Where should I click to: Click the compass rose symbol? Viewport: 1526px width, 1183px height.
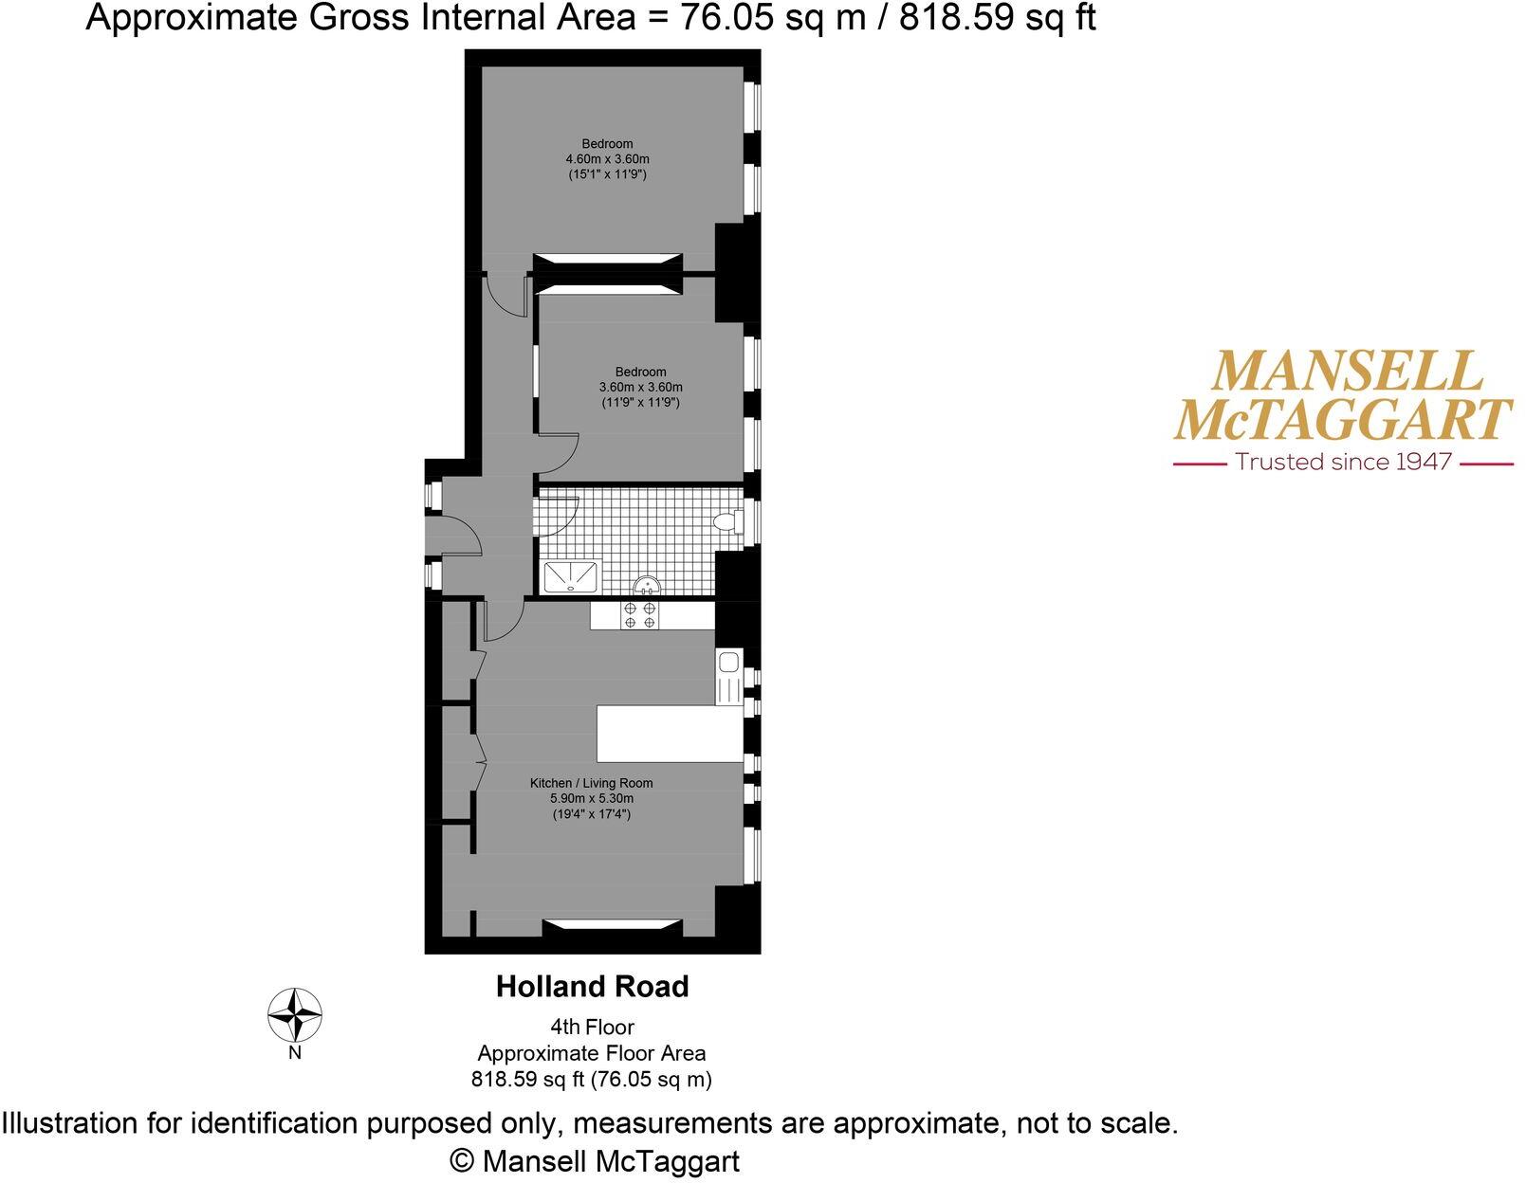click(x=294, y=1014)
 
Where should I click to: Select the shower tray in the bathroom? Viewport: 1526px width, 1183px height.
click(x=571, y=575)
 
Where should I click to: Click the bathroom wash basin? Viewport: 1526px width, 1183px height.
click(x=648, y=583)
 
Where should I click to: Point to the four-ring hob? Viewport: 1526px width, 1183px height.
click(x=639, y=615)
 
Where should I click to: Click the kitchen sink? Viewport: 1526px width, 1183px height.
click(x=728, y=676)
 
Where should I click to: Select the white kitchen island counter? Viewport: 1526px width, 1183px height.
click(x=669, y=733)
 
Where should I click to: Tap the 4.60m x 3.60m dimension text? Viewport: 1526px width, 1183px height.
click(x=607, y=159)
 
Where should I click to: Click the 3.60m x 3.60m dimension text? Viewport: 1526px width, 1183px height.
click(x=640, y=387)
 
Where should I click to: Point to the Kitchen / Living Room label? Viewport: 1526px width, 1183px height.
click(x=591, y=783)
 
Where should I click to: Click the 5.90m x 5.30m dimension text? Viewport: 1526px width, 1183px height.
click(x=591, y=798)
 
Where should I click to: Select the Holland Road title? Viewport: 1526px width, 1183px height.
click(x=592, y=987)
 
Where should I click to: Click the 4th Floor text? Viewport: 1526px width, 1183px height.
click(x=592, y=1027)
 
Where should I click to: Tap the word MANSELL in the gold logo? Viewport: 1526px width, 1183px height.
click(x=1348, y=371)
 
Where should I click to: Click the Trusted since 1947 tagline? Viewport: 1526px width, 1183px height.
click(x=1343, y=463)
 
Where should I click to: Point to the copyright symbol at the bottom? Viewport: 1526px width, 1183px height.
click(x=461, y=1160)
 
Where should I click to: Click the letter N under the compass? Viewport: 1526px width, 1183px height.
click(x=295, y=1052)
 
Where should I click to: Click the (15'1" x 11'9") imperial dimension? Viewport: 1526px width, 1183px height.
click(x=607, y=174)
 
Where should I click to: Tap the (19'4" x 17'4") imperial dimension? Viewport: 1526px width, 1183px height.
click(x=591, y=813)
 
